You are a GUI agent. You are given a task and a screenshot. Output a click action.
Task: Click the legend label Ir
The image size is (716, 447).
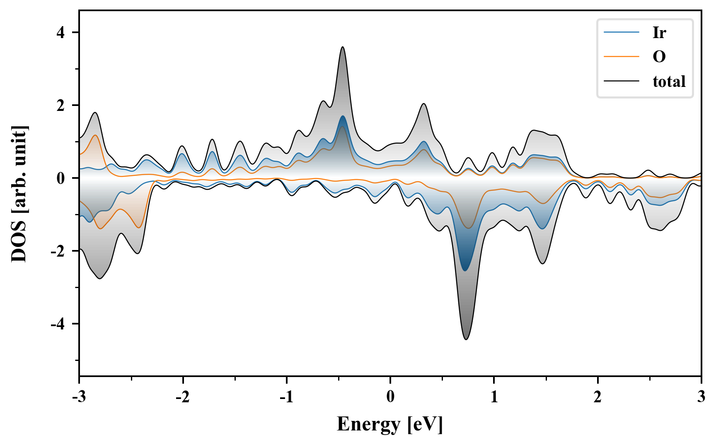coord(659,32)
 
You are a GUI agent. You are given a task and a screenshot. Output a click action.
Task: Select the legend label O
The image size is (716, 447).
coord(659,56)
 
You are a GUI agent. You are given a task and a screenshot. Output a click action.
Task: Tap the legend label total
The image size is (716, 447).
coord(669,81)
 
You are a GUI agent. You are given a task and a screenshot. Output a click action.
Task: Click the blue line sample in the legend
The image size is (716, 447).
coord(622,32)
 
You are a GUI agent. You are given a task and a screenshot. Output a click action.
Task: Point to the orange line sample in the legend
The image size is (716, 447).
coord(622,56)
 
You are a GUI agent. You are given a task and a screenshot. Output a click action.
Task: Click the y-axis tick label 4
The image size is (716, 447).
coord(61,33)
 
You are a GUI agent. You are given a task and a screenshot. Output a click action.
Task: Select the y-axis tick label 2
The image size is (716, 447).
coord(61,106)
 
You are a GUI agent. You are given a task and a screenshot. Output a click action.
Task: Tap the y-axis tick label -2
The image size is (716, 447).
coord(58,251)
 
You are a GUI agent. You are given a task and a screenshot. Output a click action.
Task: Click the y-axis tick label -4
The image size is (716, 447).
coord(58,324)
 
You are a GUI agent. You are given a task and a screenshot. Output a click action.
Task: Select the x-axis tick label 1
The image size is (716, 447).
coord(494,397)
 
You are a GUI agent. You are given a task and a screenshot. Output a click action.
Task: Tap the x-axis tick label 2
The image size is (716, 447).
coord(597,397)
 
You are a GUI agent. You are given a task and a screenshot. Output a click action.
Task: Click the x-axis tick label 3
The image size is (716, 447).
coord(701,397)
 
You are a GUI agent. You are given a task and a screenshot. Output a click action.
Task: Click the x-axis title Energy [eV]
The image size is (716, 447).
coord(390,424)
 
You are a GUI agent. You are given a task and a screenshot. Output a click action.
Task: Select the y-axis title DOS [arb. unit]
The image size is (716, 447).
coord(19,193)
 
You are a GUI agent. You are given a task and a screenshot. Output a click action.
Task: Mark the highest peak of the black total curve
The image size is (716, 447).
coord(343,47)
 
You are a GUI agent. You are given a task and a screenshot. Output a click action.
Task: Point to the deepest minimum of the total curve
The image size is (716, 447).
coord(466,339)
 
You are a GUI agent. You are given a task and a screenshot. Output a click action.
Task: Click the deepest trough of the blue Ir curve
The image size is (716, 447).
coord(465,271)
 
